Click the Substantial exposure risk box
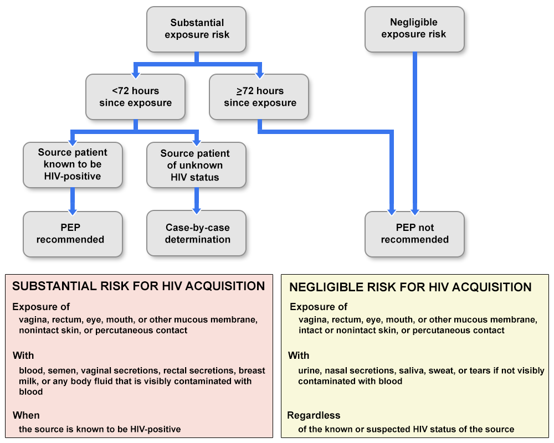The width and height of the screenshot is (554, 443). pyautogui.click(x=197, y=29)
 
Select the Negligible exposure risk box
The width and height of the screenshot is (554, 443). pyautogui.click(x=414, y=29)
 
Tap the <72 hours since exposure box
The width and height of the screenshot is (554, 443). pyautogui.click(x=135, y=97)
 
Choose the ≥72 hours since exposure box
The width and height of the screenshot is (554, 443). pyautogui.click(x=259, y=97)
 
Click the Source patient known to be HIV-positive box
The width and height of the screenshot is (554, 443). pyautogui.click(x=73, y=164)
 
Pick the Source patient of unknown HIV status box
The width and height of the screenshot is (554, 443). pyautogui.click(x=196, y=165)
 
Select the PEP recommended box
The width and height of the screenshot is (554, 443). pyautogui.click(x=73, y=234)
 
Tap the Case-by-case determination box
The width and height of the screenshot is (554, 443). pyautogui.click(x=197, y=233)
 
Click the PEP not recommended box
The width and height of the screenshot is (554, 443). pyautogui.click(x=414, y=234)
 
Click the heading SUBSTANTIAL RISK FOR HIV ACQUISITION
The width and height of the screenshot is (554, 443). pyautogui.click(x=138, y=286)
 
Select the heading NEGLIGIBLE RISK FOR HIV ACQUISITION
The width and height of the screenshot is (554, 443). pyautogui.click(x=411, y=287)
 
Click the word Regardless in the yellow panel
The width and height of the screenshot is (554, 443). pyautogui.click(x=314, y=415)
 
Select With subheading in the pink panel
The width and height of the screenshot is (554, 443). pyautogui.click(x=23, y=356)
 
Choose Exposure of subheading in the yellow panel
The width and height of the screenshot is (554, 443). pyautogui.click(x=319, y=307)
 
